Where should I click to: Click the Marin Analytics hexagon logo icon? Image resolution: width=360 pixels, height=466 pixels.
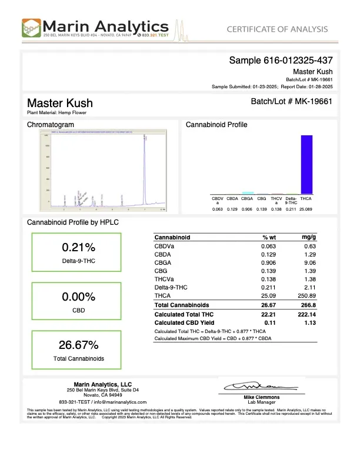click(x=32, y=28)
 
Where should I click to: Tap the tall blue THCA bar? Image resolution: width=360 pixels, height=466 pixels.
click(x=306, y=164)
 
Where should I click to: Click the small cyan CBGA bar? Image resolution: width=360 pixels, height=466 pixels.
click(x=248, y=192)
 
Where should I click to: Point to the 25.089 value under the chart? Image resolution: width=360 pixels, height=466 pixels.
click(x=306, y=209)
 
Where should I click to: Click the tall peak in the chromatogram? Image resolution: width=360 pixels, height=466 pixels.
click(x=145, y=171)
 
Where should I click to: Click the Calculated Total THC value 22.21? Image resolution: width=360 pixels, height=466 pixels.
click(x=269, y=315)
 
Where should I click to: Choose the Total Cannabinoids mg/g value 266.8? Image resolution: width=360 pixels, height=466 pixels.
click(x=309, y=306)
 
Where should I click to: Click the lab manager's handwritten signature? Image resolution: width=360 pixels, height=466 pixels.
click(x=258, y=387)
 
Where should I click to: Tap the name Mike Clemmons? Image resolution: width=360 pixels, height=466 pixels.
click(x=260, y=398)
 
